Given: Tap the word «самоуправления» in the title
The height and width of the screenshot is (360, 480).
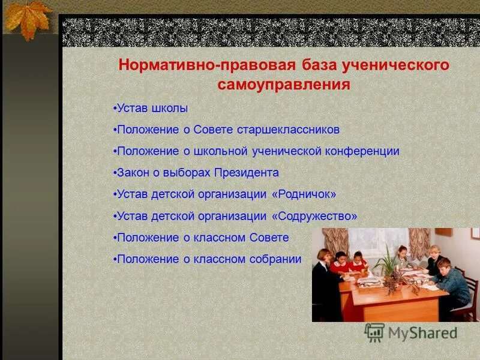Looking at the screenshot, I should pyautogui.click(x=283, y=85).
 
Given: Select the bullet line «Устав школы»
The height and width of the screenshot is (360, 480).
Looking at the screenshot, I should pyautogui.click(x=151, y=109).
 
